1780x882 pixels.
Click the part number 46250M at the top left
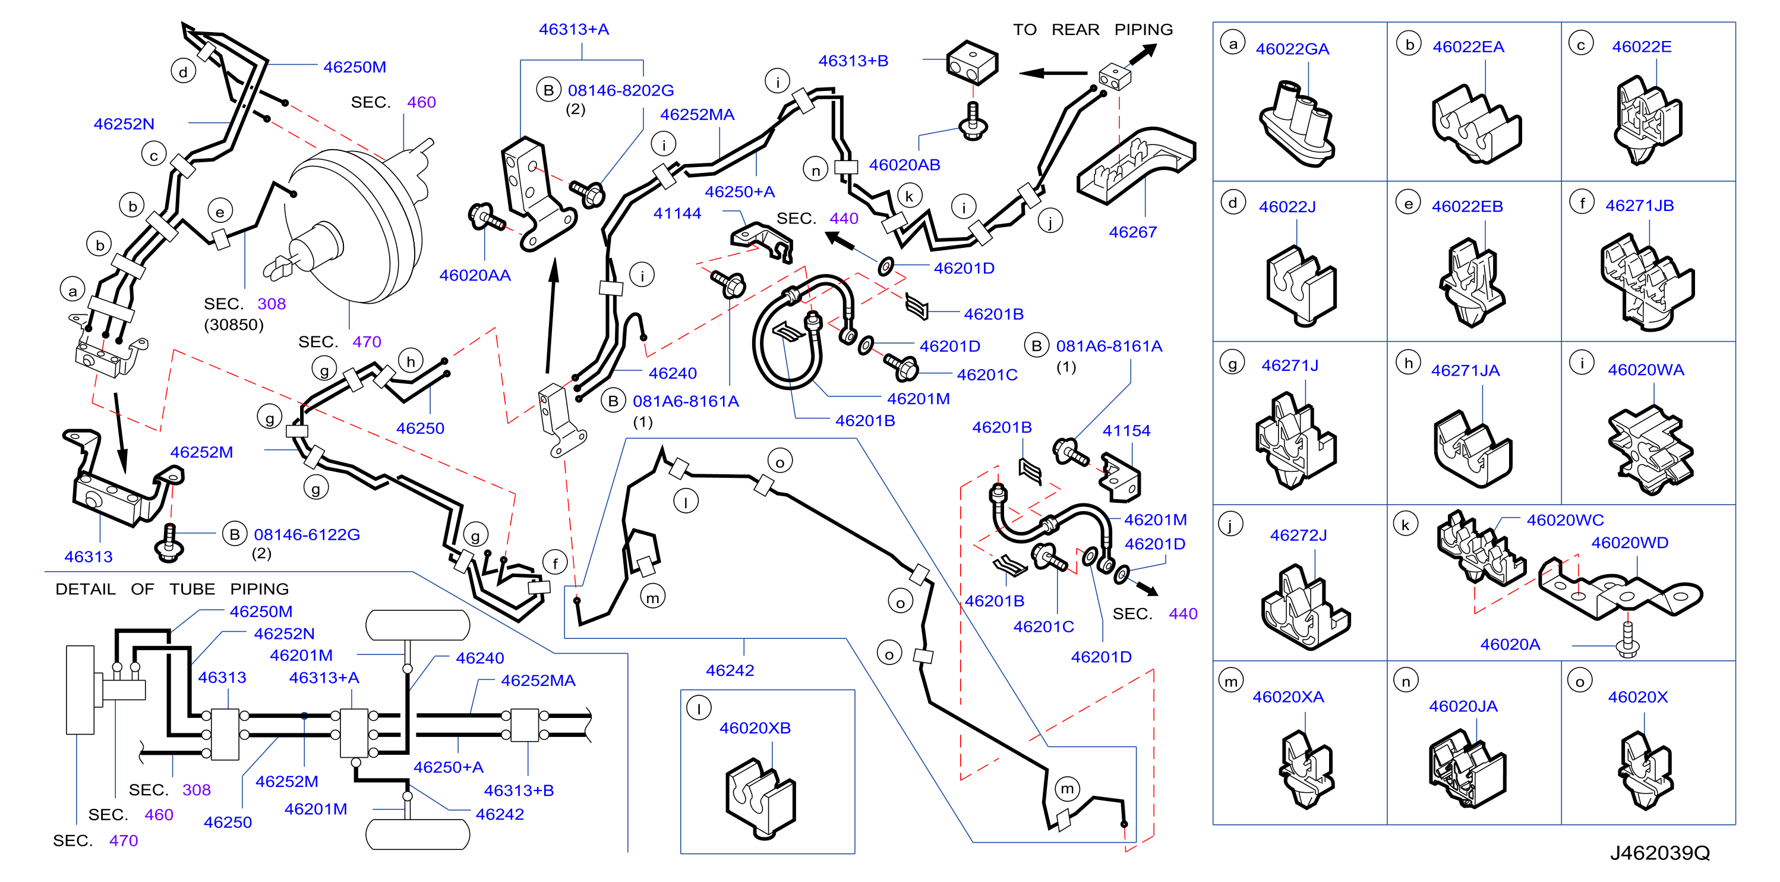pyautogui.click(x=355, y=67)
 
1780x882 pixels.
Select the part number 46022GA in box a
pyautogui.click(x=1292, y=49)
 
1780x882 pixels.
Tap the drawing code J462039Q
pyautogui.click(x=1660, y=853)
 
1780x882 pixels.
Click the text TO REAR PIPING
pyautogui.click(x=1093, y=30)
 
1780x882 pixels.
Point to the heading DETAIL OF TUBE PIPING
pyautogui.click(x=172, y=589)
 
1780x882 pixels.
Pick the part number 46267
pyautogui.click(x=1132, y=232)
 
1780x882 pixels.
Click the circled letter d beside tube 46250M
pyautogui.click(x=183, y=72)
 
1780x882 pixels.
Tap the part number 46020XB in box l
pyautogui.click(x=755, y=728)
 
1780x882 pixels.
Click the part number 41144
pyautogui.click(x=677, y=213)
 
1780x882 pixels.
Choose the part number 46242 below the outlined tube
pyautogui.click(x=730, y=670)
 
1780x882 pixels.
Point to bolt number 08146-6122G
pyautogui.click(x=307, y=534)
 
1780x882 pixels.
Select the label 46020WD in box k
pyautogui.click(x=1629, y=543)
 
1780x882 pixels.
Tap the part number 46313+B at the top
pyautogui.click(x=853, y=61)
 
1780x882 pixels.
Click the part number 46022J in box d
pyautogui.click(x=1287, y=207)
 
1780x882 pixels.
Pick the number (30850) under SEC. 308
pyautogui.click(x=233, y=325)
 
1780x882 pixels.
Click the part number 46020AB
pyautogui.click(x=904, y=165)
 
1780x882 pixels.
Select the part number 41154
pyautogui.click(x=1126, y=431)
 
